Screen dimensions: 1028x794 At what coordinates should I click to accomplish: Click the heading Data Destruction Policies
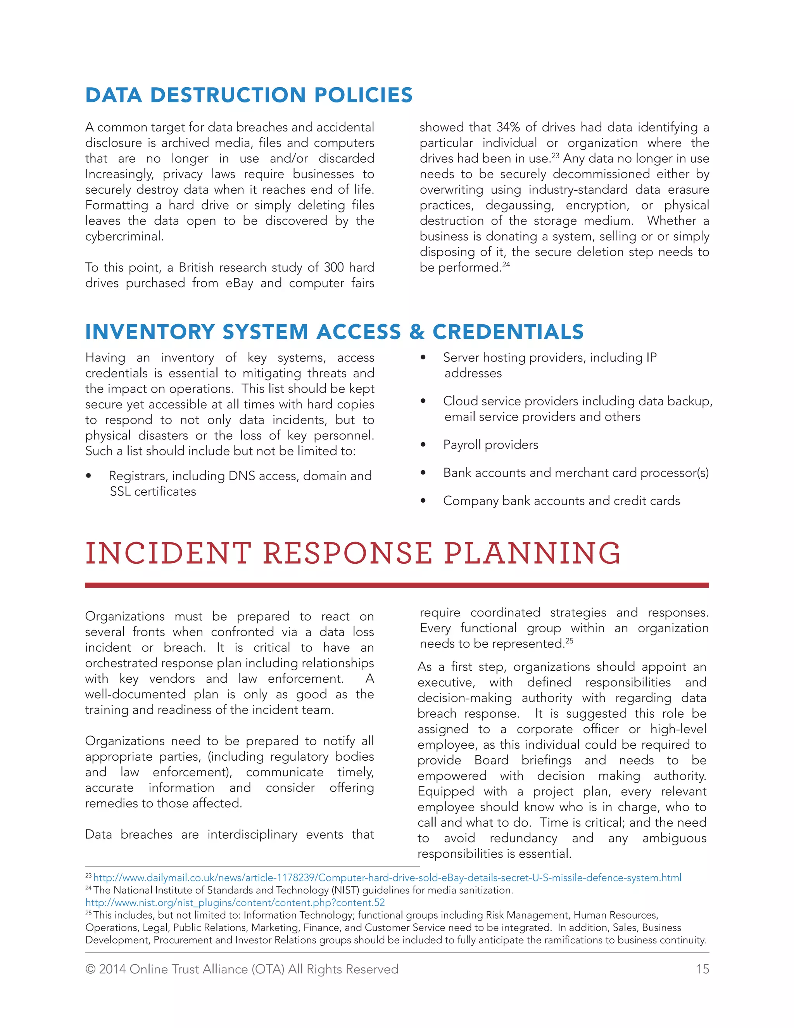tap(249, 95)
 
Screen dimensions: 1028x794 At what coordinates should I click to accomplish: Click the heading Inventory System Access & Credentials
tap(334, 332)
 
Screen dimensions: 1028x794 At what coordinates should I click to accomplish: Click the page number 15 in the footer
tap(702, 969)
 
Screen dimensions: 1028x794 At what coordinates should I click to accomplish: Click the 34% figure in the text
tap(508, 127)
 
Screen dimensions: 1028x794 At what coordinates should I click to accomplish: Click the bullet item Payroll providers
tap(490, 444)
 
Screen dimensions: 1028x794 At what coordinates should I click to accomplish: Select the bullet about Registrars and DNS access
tap(240, 476)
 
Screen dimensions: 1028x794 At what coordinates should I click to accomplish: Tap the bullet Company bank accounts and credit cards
tap(561, 500)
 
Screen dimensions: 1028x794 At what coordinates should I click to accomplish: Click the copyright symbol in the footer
tap(90, 969)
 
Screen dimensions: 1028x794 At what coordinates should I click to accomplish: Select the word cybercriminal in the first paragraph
tap(124, 236)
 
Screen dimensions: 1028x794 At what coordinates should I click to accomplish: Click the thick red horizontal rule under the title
tap(397, 585)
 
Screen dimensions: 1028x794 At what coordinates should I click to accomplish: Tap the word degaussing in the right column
tap(519, 205)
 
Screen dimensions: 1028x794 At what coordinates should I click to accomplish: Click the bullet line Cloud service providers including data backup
tap(577, 401)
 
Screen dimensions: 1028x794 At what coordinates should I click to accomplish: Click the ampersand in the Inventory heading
tap(416, 332)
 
